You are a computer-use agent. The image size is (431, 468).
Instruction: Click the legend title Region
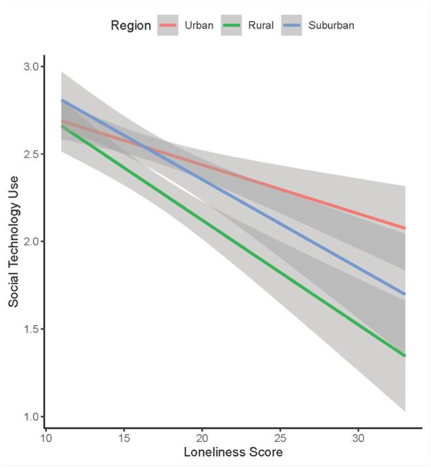tap(130, 25)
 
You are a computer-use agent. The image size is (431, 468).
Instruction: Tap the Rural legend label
tap(261, 25)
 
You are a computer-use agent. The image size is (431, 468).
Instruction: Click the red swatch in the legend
tap(168, 25)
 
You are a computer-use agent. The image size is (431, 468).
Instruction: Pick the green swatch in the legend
tap(231, 25)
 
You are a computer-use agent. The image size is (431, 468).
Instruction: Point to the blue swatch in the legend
tap(292, 25)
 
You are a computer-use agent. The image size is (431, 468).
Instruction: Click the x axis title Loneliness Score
tap(234, 452)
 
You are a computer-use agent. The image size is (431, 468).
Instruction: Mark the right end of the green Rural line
tap(406, 356)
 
